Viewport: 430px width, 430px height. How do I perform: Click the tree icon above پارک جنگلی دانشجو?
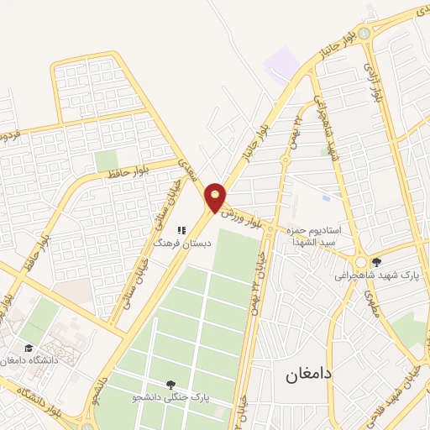[x=171, y=384]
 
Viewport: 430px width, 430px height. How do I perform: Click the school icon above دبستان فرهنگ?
[x=180, y=228]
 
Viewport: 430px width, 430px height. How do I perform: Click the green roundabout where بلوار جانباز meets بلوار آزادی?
[x=364, y=34]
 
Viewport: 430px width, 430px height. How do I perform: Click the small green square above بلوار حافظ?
[x=106, y=160]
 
